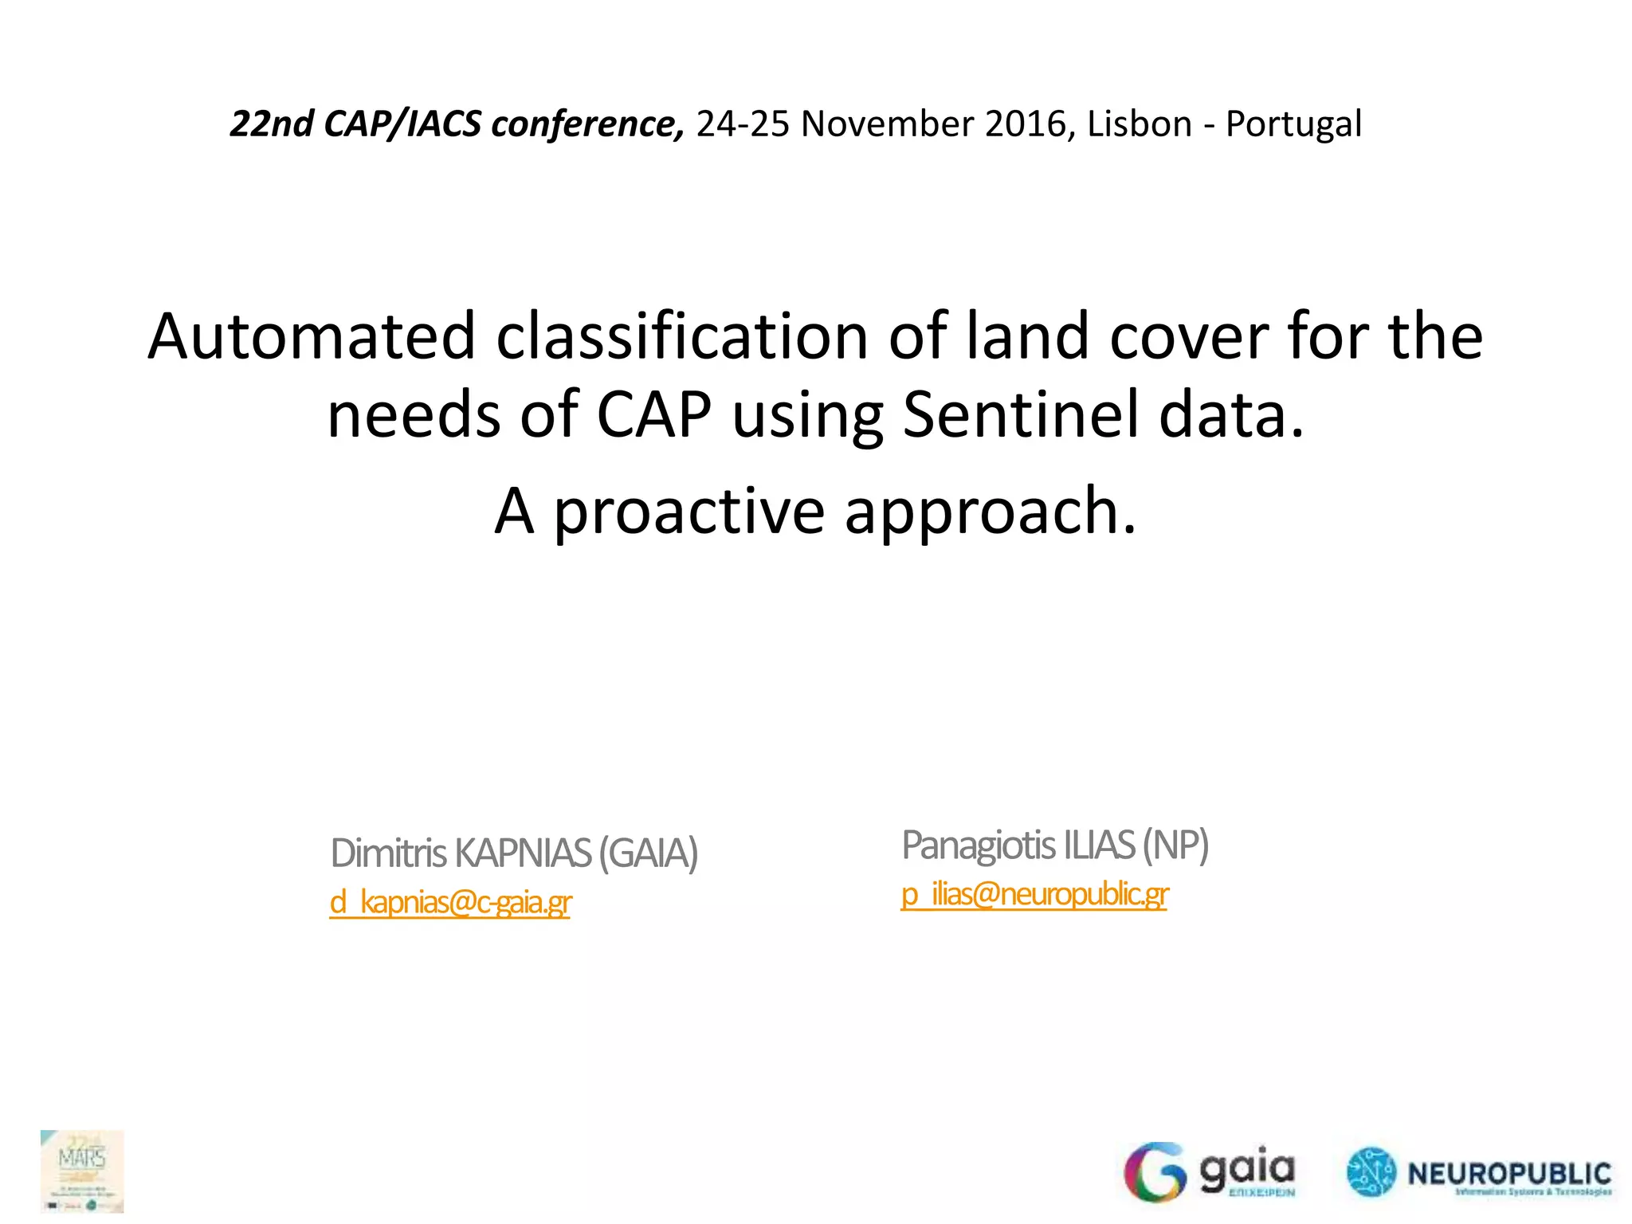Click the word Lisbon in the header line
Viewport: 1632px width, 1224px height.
pyautogui.click(x=1139, y=124)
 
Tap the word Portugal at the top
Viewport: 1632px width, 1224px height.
pyautogui.click(x=1293, y=124)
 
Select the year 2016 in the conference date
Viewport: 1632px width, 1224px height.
pyautogui.click(x=1026, y=124)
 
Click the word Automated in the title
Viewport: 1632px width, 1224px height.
pyautogui.click(x=312, y=336)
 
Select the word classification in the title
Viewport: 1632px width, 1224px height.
pyautogui.click(x=681, y=336)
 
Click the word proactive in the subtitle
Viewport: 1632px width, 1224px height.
pyautogui.click(x=689, y=512)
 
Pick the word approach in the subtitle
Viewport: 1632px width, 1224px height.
pyautogui.click(x=989, y=512)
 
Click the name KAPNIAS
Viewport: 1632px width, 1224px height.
pyautogui.click(x=523, y=853)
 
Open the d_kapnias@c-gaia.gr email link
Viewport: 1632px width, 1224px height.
pyautogui.click(x=450, y=903)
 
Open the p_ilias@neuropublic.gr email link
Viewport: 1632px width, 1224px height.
pyautogui.click(x=1034, y=895)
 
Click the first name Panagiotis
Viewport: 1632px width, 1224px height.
pyautogui.click(x=978, y=845)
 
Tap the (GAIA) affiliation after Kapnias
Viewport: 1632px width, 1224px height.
pyautogui.click(x=648, y=853)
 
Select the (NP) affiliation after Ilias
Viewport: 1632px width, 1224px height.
pyautogui.click(x=1175, y=845)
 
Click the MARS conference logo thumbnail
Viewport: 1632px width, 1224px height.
pyautogui.click(x=82, y=1171)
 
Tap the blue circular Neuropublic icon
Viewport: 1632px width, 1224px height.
pyautogui.click(x=1371, y=1172)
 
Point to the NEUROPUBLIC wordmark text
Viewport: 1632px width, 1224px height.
pyautogui.click(x=1509, y=1174)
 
